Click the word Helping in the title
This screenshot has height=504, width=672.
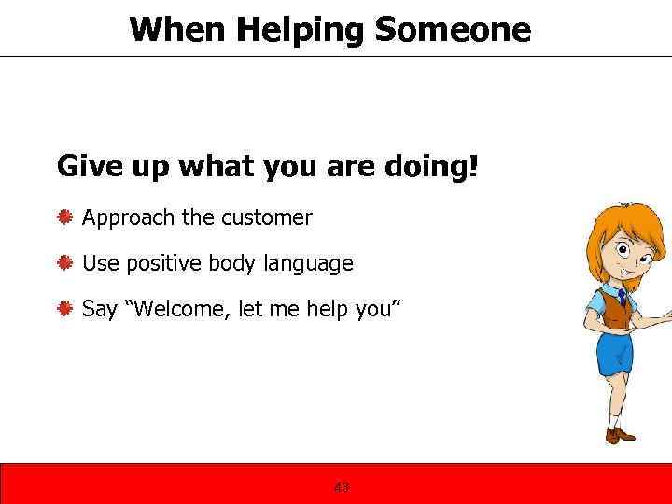(299, 30)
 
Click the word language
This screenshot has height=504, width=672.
(308, 264)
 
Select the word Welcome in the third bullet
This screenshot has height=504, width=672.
(180, 308)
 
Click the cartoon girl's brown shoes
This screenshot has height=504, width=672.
(620, 435)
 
